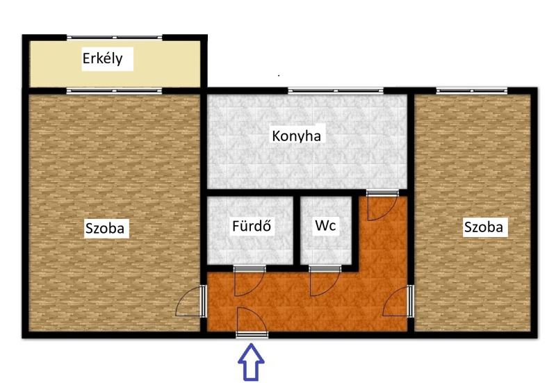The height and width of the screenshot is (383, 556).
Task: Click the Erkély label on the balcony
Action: coord(103,58)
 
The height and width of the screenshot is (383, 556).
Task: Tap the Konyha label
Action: coord(297,136)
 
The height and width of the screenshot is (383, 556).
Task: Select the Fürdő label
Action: coord(252,225)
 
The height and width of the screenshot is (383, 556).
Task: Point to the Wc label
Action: coord(325,225)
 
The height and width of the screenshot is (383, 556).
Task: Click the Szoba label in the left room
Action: coord(105,228)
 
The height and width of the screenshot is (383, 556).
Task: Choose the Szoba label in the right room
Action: coord(484,227)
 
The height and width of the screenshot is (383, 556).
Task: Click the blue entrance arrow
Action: coord(251,362)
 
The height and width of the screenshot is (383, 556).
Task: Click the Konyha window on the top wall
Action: coord(336,91)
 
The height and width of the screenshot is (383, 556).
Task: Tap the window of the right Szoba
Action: coord(472,91)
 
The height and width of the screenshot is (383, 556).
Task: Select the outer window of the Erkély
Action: coord(115,38)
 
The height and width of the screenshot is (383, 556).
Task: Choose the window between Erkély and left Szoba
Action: coord(115,91)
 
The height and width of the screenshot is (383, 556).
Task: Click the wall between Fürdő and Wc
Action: coord(297,231)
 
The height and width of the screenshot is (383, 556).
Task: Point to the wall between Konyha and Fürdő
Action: coord(250,193)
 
